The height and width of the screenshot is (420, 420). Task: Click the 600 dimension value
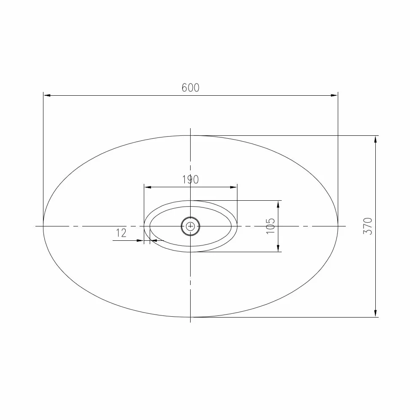point(191,88)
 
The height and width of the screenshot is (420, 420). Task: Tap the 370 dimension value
point(368,226)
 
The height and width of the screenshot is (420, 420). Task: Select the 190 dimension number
point(191,180)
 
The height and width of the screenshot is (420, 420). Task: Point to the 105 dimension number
point(271,226)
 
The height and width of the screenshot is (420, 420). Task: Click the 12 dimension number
point(121,233)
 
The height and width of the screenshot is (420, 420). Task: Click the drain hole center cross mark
point(191,226)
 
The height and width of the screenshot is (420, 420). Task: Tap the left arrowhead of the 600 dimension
point(47,95)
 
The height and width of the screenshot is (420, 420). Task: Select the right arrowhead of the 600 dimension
point(334,95)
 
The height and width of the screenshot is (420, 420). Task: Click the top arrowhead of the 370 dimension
point(376,139)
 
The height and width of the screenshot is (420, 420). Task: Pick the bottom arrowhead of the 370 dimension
point(376,313)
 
